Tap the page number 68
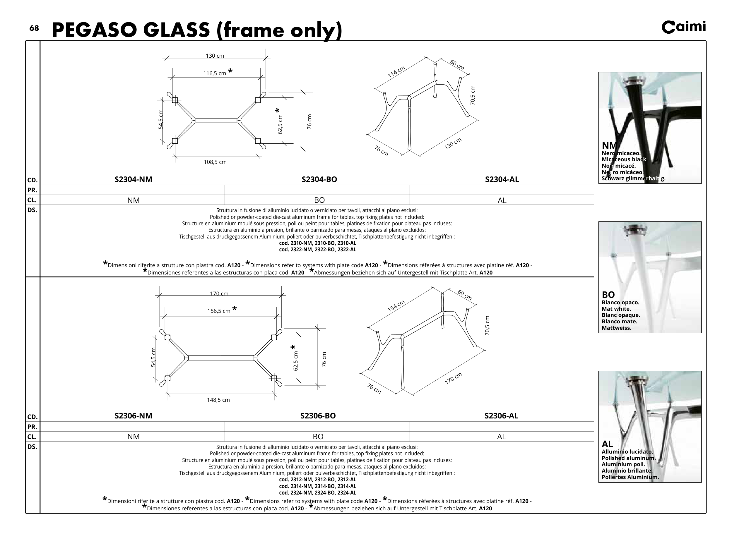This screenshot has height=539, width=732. point(34,28)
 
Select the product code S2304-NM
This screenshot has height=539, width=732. point(133,179)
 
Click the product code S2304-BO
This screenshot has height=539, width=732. point(319,179)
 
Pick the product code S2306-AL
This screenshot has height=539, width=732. point(501,416)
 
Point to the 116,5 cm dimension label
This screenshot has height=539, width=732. point(215,73)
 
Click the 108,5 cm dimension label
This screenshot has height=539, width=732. point(215,162)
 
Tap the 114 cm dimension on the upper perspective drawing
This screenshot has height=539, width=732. point(396,72)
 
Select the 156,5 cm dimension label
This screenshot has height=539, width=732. point(219,311)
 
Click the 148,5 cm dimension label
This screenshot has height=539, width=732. point(218,400)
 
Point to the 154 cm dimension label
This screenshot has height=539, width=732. point(396,306)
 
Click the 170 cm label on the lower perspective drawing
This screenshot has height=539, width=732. point(453,378)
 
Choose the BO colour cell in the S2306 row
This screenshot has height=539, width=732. point(318,437)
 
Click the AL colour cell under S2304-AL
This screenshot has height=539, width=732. point(502,200)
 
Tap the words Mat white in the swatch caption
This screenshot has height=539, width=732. point(616,309)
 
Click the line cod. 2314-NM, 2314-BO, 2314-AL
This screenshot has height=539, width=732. point(317,486)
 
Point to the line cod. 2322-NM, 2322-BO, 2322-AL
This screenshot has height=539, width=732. point(317,250)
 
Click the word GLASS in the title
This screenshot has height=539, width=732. point(176,30)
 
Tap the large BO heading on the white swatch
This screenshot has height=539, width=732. point(608,295)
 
